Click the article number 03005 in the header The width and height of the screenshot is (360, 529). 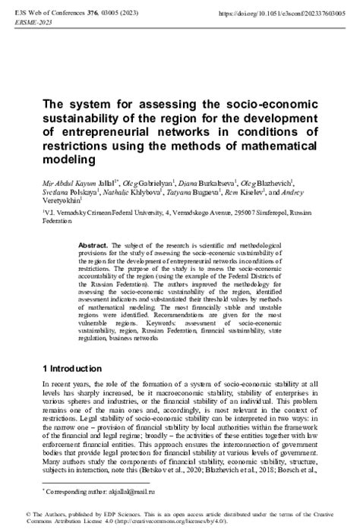point(131,14)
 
